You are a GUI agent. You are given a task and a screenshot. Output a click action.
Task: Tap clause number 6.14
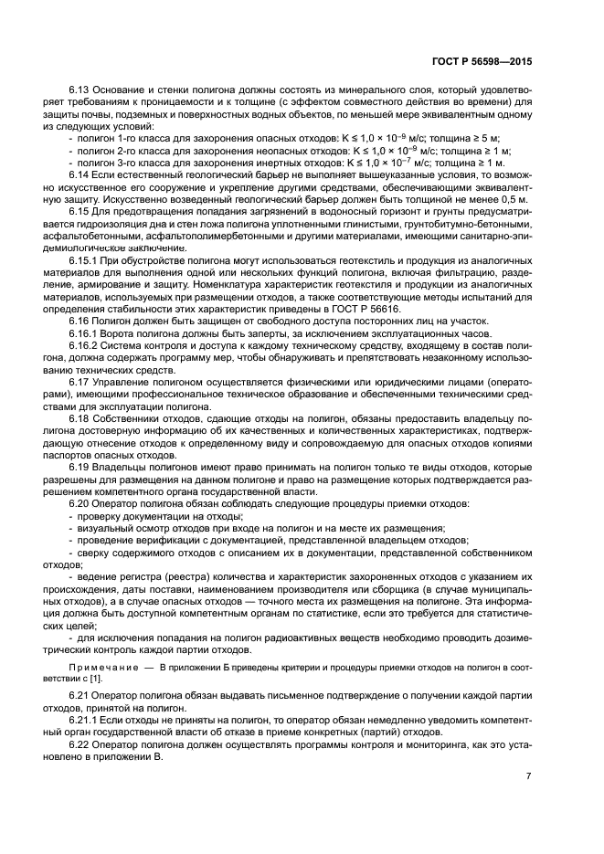coord(81,174)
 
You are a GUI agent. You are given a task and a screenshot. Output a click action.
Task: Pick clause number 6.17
coord(81,380)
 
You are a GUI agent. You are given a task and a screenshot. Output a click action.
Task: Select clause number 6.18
coord(81,416)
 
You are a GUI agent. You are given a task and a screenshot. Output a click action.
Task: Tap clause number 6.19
coord(81,466)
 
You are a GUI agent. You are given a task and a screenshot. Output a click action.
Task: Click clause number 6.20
coord(81,502)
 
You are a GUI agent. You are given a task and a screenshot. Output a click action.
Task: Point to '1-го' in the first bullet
coord(122,136)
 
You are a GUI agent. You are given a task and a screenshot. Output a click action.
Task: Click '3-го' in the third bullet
coord(122,161)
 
